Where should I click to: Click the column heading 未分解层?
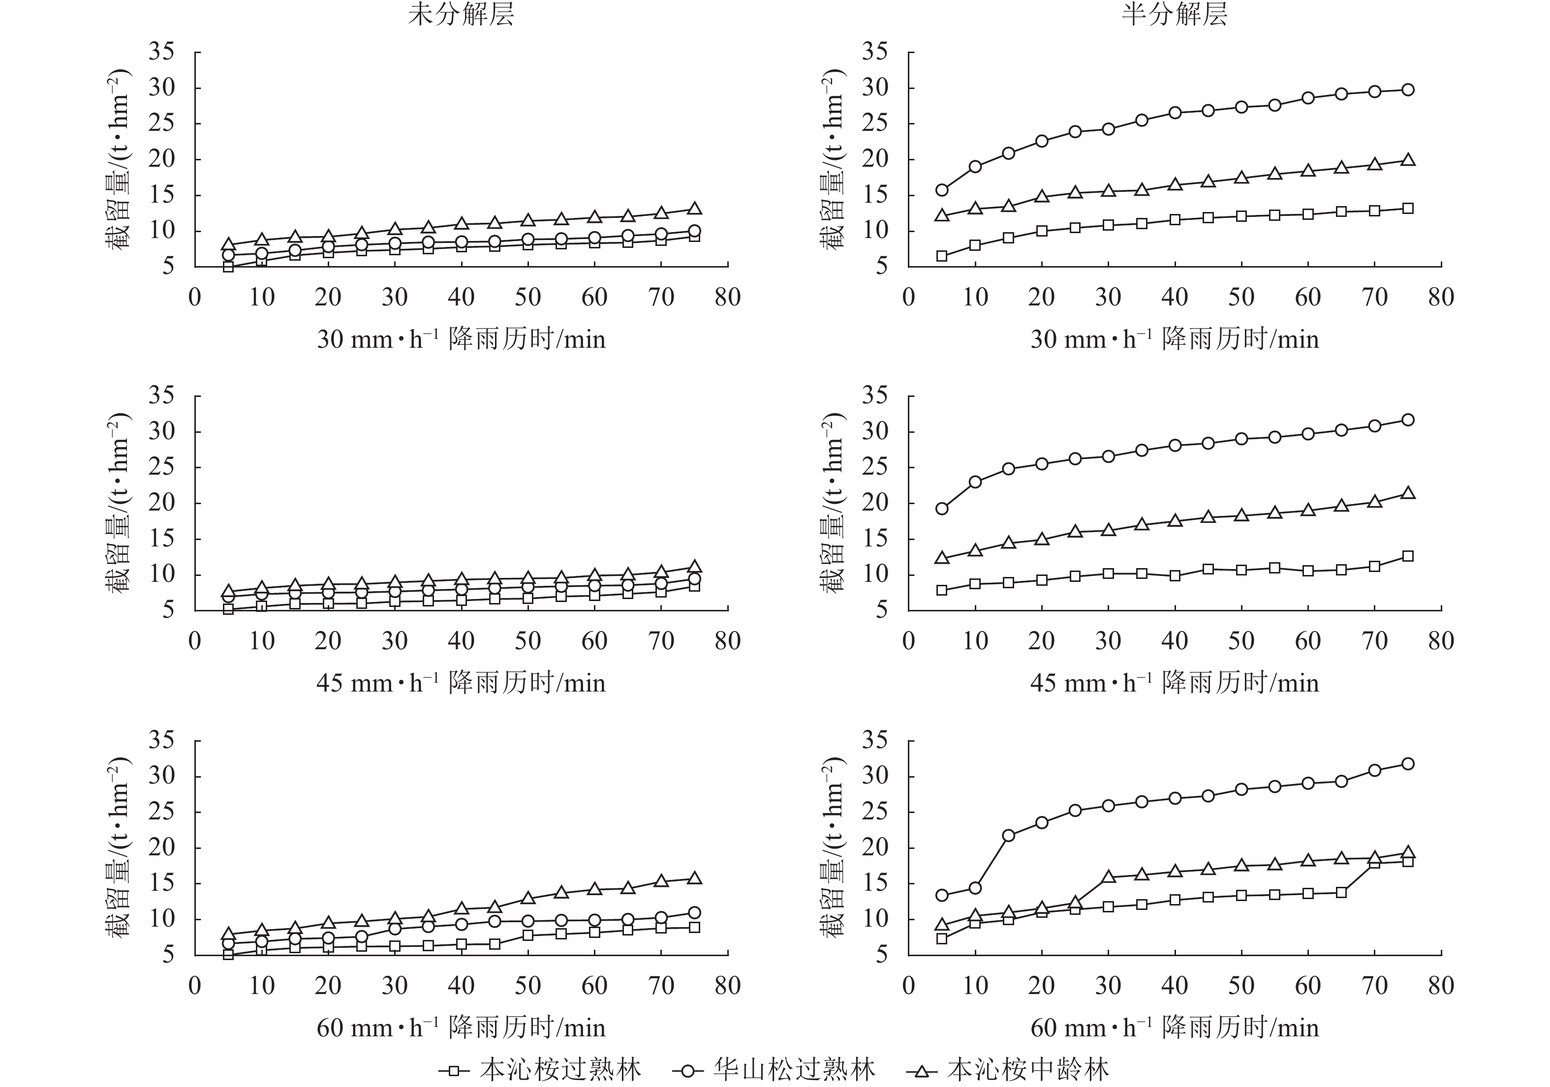(461, 15)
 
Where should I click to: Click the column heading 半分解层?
(1174, 15)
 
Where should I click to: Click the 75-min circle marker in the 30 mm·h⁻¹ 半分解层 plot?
(1408, 90)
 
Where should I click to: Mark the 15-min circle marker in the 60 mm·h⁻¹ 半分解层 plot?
(1009, 835)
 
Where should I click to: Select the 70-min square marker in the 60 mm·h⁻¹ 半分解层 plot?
(1374, 863)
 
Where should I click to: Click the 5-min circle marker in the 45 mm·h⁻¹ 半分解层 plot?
(942, 509)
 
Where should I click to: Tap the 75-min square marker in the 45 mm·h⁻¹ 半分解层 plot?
(1408, 556)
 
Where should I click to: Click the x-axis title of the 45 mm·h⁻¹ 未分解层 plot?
(461, 683)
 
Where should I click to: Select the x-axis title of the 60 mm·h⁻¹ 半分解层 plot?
(1174, 1027)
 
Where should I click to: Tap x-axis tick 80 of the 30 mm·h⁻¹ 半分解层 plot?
(1441, 298)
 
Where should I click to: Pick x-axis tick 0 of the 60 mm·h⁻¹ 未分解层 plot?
(194, 986)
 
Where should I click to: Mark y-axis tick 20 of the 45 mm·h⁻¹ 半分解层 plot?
(875, 503)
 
